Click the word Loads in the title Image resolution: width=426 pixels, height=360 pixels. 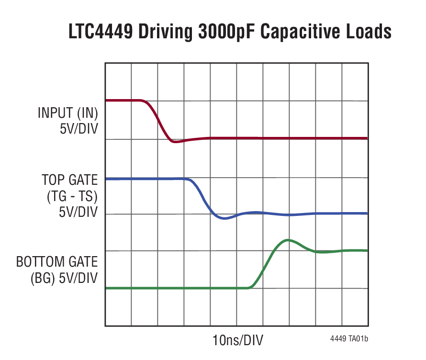click(x=369, y=33)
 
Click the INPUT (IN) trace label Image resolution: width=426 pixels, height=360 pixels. click(x=67, y=113)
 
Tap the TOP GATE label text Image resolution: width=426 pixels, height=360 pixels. click(x=69, y=180)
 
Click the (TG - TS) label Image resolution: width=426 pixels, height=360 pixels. click(x=71, y=196)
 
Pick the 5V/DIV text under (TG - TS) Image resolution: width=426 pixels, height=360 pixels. click(x=78, y=212)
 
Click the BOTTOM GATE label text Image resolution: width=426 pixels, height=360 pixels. click(x=57, y=262)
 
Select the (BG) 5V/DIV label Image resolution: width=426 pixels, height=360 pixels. click(x=57, y=278)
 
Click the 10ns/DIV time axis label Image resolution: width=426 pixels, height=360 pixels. click(x=237, y=340)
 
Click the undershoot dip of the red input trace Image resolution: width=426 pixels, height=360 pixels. click(x=175, y=142)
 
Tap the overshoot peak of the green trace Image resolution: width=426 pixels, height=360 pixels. click(x=287, y=240)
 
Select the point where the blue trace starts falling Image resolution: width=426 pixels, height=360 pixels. click(x=188, y=180)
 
